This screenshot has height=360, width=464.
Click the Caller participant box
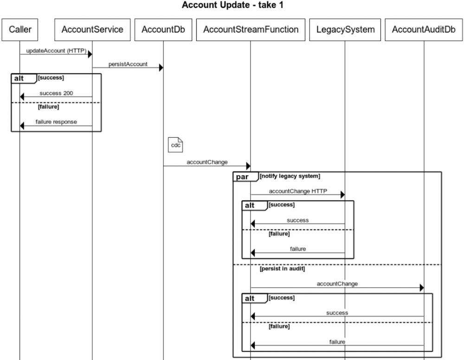pos(20,30)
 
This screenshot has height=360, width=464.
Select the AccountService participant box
pos(92,30)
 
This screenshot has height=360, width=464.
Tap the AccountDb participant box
pos(163,30)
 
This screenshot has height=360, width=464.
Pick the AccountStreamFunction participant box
pos(251,30)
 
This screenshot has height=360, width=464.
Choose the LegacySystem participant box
pos(345,30)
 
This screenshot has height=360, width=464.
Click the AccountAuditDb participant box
pos(424,30)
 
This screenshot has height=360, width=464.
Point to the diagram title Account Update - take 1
pos(232,5)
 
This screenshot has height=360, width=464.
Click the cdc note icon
pos(175,145)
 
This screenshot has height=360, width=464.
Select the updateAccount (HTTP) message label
pos(56,51)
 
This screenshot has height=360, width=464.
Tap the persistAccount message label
pos(128,64)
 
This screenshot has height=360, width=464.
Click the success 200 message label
pos(56,93)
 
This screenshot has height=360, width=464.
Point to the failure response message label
pos(56,122)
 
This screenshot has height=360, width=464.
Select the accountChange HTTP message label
pos(298,191)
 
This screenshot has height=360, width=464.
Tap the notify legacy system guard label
pos(290,176)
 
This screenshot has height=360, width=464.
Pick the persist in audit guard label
pos(282,269)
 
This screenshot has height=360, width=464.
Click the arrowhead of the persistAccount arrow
pos(161,68)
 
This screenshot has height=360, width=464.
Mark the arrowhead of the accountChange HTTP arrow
pos(343,195)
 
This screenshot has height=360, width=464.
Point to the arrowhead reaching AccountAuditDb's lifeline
pos(422,288)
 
